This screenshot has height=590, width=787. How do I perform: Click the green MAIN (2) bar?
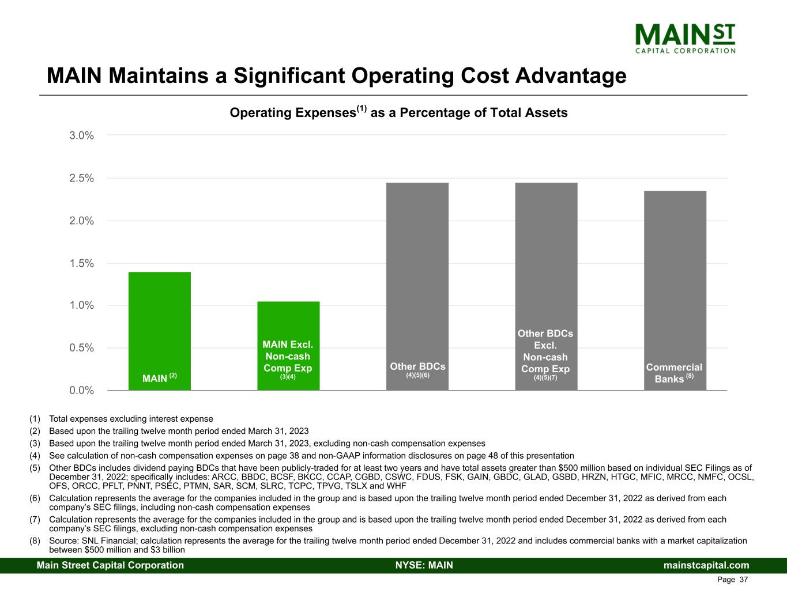160,328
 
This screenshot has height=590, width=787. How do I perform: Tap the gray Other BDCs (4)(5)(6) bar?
417,277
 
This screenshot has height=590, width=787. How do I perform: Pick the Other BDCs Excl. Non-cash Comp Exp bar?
546,259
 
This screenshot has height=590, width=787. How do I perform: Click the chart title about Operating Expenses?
398,112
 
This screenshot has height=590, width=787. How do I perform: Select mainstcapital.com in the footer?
706,565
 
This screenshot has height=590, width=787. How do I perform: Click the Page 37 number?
732,580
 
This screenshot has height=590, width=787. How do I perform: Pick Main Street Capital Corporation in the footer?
110,565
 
